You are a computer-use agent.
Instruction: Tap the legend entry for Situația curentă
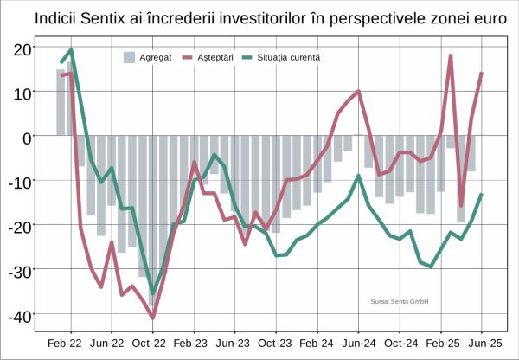pos(279,57)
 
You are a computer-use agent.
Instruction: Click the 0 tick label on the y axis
pos(28,136)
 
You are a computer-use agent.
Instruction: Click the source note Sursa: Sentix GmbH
pos(400,302)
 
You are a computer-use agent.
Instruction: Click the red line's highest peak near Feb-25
pos(451,56)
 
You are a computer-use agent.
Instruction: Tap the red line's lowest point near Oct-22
pos(153,318)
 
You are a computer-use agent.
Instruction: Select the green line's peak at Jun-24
pos(358,176)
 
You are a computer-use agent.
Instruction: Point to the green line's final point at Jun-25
pos(482,194)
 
